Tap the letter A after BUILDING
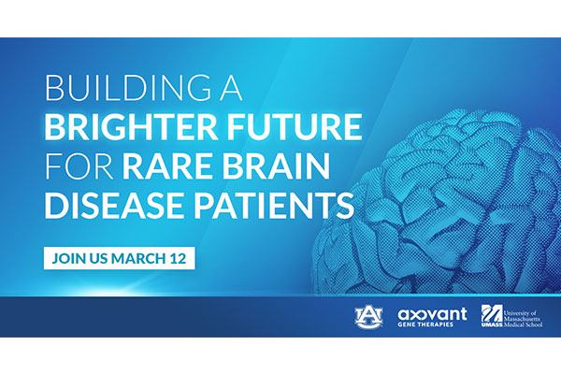(231, 87)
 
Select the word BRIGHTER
(131, 126)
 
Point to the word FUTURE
(295, 126)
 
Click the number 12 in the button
(179, 258)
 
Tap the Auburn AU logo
(369, 316)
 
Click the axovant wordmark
(432, 314)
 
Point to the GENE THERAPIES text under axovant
(425, 324)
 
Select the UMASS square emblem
(492, 315)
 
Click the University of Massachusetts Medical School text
(523, 319)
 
